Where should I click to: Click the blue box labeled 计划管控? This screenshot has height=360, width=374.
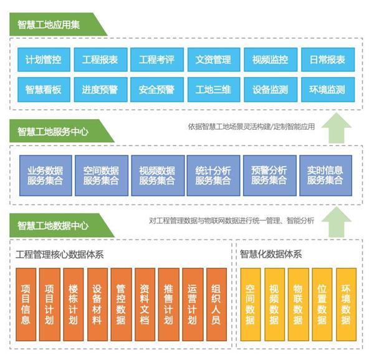pyautogui.click(x=44, y=60)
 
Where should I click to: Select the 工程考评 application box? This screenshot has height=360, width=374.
pyautogui.click(x=157, y=60)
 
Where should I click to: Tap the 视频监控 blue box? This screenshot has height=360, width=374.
pyautogui.click(x=271, y=60)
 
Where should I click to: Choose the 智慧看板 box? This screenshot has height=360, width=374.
pyautogui.click(x=44, y=90)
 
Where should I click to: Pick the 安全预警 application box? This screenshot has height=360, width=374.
pyautogui.click(x=157, y=90)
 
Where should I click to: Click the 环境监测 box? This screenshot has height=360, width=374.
pyautogui.click(x=328, y=90)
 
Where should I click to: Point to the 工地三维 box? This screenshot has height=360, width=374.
pyautogui.click(x=214, y=90)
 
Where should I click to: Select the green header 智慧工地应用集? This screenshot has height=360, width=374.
pyautogui.click(x=58, y=24)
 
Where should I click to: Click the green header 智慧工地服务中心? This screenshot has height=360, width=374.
pyautogui.click(x=62, y=131)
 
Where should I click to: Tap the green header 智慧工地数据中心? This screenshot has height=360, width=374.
pyautogui.click(x=62, y=225)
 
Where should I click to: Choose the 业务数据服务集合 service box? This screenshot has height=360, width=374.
pyautogui.click(x=46, y=175)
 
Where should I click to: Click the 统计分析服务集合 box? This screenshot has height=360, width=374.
pyautogui.click(x=213, y=175)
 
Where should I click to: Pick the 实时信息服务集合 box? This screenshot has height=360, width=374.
pyautogui.click(x=325, y=175)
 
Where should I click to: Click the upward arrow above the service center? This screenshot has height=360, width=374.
pyautogui.click(x=337, y=129)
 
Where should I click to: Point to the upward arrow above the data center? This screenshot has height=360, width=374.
pyautogui.click(x=337, y=222)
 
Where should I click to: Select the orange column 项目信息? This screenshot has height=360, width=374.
pyautogui.click(x=26, y=304)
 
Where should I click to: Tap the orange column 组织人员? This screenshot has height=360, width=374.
pyautogui.click(x=216, y=304)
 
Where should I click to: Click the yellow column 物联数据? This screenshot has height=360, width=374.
pyautogui.click(x=299, y=304)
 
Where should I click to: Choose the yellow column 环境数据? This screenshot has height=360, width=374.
pyautogui.click(x=346, y=304)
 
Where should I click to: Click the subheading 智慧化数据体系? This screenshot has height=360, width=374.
pyautogui.click(x=271, y=254)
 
